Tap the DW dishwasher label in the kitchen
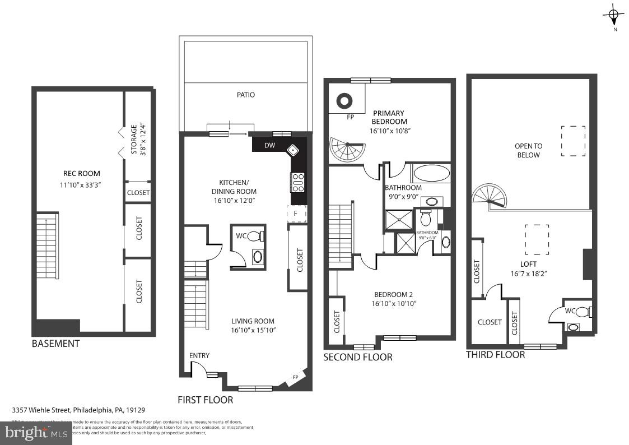tap(269, 145)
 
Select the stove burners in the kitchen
tap(298, 182)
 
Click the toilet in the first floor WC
tap(255, 236)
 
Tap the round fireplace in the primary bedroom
tap(344, 101)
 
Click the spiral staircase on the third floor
tap(490, 194)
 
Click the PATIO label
tap(245, 95)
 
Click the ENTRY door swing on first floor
tap(198, 369)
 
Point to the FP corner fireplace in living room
tap(296, 378)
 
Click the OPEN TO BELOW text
tap(528, 150)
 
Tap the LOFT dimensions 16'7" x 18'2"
tap(528, 274)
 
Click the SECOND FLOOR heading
tap(357, 356)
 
